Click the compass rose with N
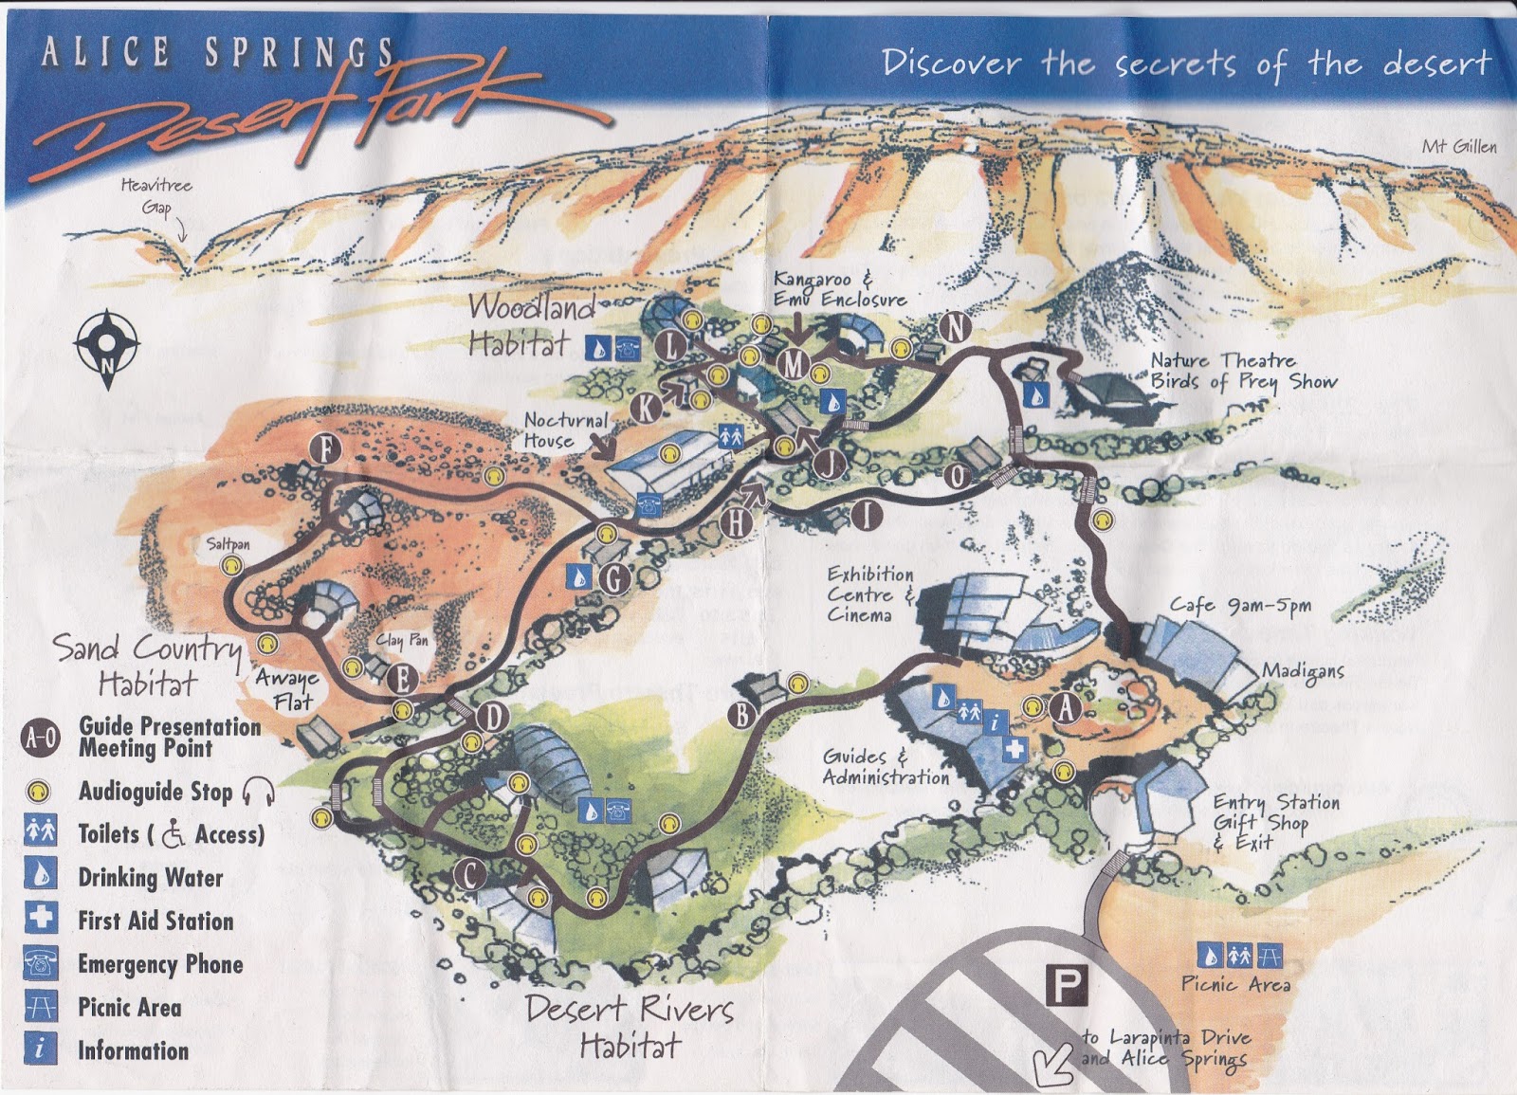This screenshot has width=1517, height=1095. click(107, 347)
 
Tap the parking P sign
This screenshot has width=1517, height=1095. click(1067, 985)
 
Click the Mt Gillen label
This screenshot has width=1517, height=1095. click(1458, 146)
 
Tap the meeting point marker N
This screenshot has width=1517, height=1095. click(956, 328)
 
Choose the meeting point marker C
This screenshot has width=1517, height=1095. click(469, 875)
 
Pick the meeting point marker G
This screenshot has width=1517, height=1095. click(614, 577)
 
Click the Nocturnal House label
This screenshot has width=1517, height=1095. click(563, 429)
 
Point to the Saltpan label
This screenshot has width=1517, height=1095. click(228, 544)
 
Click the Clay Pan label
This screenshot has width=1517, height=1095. click(402, 641)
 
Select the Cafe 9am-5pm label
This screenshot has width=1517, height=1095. click(1240, 606)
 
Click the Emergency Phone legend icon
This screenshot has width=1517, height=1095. click(41, 963)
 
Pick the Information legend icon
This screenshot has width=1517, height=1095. click(41, 1049)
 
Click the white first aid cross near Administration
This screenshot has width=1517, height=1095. click(1014, 749)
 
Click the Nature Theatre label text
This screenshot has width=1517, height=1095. click(1223, 361)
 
